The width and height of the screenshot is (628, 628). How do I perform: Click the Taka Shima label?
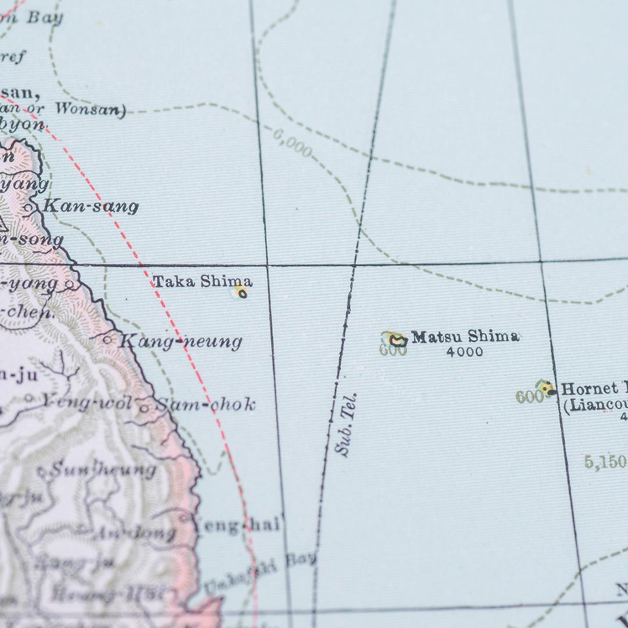(x=202, y=282)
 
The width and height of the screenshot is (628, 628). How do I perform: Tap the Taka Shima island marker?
(x=242, y=294)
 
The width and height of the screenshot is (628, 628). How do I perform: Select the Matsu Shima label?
(x=465, y=337)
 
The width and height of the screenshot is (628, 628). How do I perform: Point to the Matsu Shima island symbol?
(x=398, y=340)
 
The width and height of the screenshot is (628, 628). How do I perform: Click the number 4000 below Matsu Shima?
(x=465, y=352)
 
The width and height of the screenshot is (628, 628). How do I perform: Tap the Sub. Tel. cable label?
(x=347, y=424)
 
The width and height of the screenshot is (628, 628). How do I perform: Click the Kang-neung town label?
(x=180, y=341)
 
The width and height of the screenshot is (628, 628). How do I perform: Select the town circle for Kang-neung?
(x=108, y=340)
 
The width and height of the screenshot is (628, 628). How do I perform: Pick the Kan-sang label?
(x=91, y=206)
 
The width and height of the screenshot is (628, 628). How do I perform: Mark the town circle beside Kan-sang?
(x=30, y=207)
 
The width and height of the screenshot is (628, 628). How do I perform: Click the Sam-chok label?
(x=205, y=405)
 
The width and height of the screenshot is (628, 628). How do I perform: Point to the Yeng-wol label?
(x=86, y=401)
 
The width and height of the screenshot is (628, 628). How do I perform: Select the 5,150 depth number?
(x=605, y=462)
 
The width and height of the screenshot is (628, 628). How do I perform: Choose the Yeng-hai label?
(x=238, y=526)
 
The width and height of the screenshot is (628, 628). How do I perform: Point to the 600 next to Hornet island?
(x=529, y=397)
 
